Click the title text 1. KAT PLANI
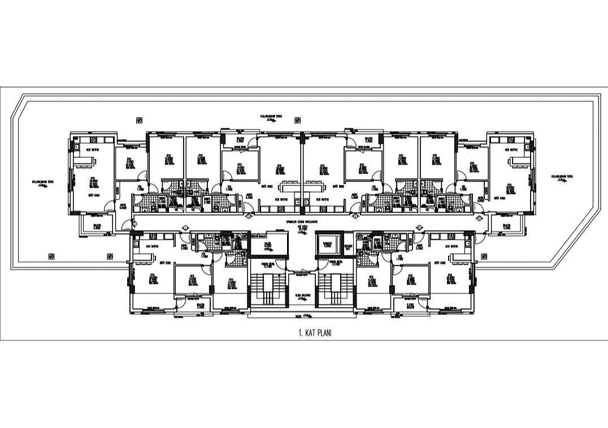coord(315,333)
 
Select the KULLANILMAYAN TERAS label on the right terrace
coord(562,178)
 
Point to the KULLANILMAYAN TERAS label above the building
coord(271,118)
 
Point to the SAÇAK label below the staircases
coord(304,316)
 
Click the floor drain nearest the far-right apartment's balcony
coord(484,256)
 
